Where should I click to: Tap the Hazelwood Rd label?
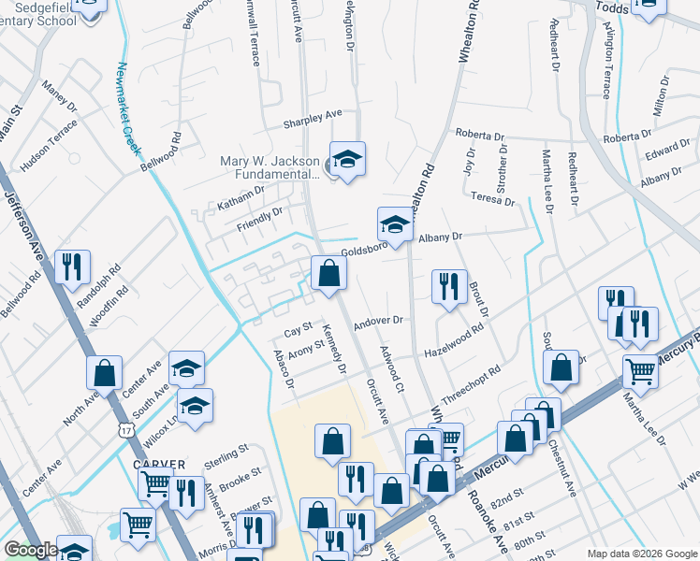454,340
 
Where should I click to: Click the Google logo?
31,550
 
